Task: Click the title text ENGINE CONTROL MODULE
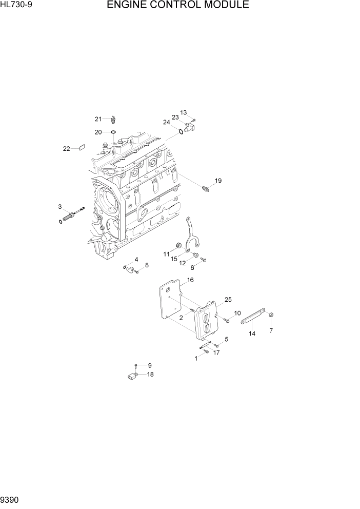click(178, 6)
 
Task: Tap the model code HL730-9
click(16, 5)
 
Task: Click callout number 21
click(98, 119)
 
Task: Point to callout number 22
click(66, 149)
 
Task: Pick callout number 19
click(218, 181)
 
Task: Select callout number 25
click(228, 299)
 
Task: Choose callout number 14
click(252, 334)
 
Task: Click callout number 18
click(150, 374)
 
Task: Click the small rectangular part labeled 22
click(81, 148)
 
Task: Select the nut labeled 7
click(272, 315)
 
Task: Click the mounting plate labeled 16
click(169, 305)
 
